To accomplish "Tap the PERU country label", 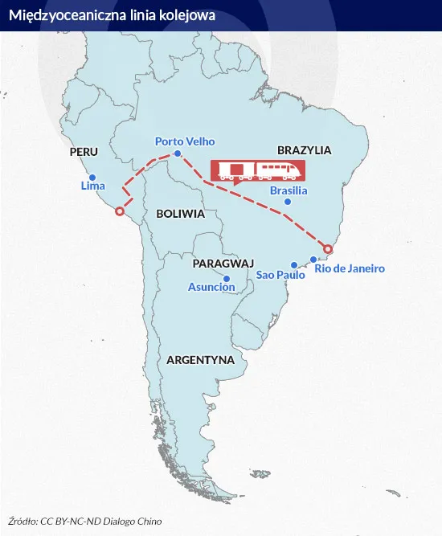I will click(84, 152).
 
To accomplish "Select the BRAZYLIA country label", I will click(304, 150).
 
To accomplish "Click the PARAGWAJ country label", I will click(223, 263).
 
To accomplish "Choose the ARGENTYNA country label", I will click(200, 360).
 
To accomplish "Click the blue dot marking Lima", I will click(92, 178).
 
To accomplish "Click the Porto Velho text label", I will click(185, 141).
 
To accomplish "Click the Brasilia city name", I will click(289, 190).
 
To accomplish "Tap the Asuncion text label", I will click(211, 287).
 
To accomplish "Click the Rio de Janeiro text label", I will click(350, 268).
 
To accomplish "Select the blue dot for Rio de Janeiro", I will click(313, 260).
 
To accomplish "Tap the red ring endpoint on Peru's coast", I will click(120, 212).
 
